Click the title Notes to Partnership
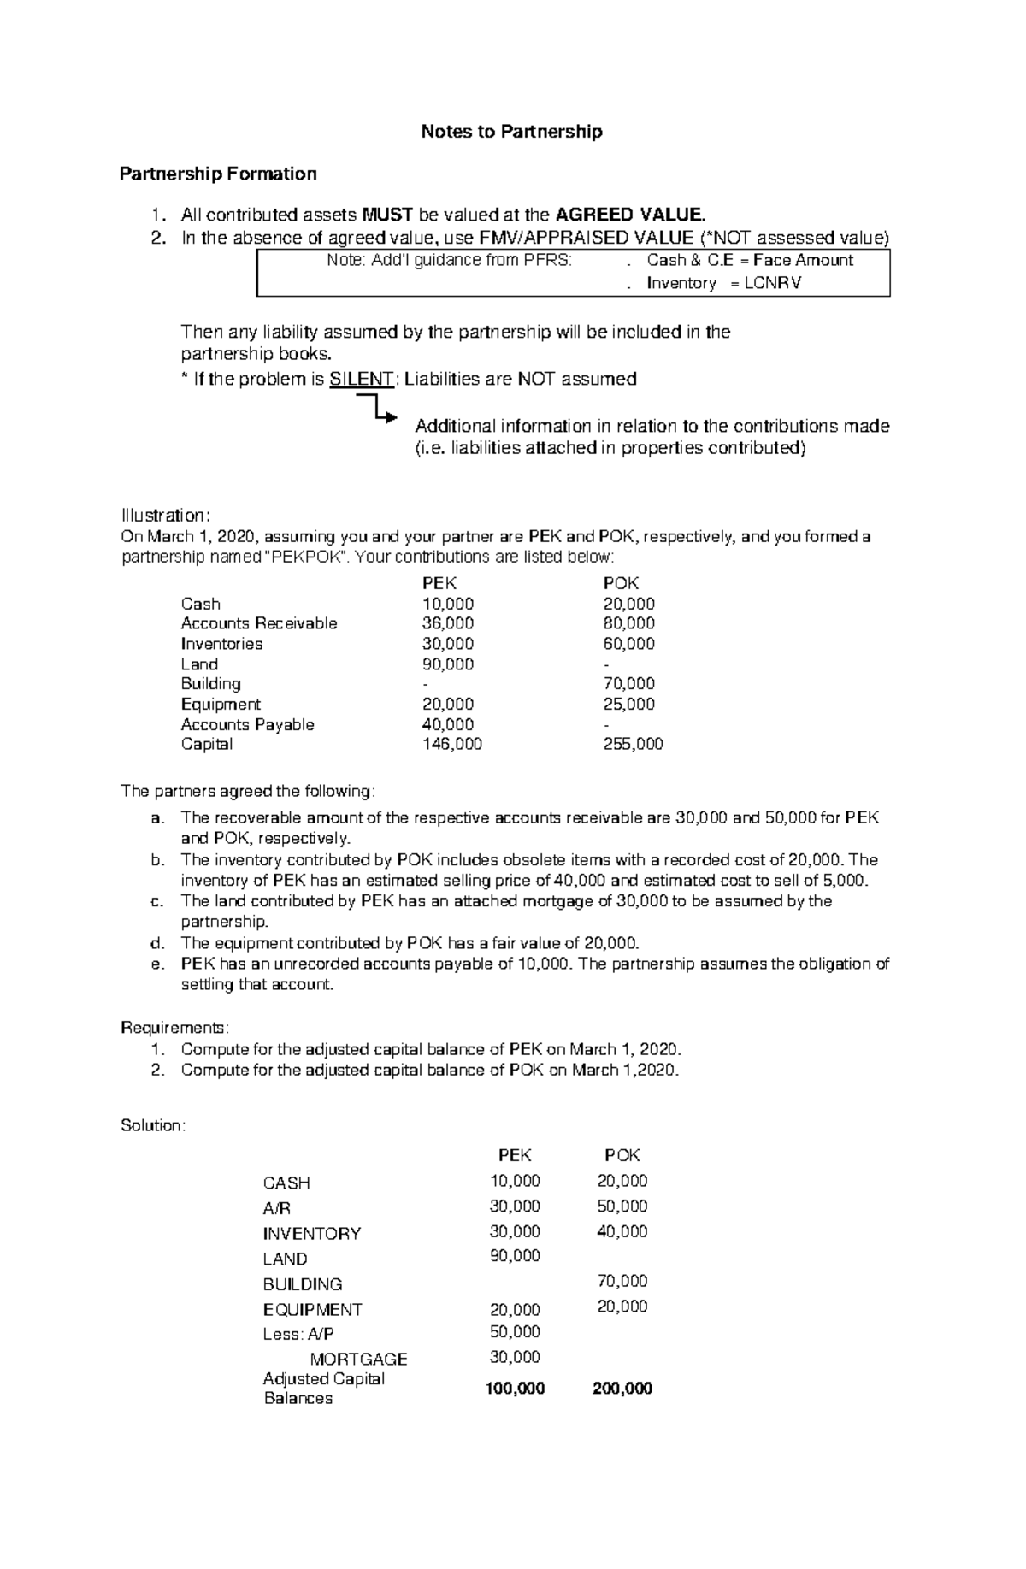pyautogui.click(x=511, y=132)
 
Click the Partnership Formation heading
pyautogui.click(x=218, y=174)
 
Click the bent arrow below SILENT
pyautogui.click(x=378, y=408)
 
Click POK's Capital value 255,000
pyautogui.click(x=633, y=745)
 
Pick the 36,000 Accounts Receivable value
pyautogui.click(x=447, y=624)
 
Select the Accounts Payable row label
pyautogui.click(x=247, y=725)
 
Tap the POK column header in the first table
pyautogui.click(x=621, y=584)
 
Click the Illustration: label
pyautogui.click(x=165, y=516)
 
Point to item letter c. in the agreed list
pyautogui.click(x=156, y=901)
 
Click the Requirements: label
pyautogui.click(x=175, y=1027)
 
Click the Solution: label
pyautogui.click(x=153, y=1126)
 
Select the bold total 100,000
pyautogui.click(x=515, y=1389)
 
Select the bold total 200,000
pyautogui.click(x=622, y=1389)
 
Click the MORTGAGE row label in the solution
pyautogui.click(x=358, y=1359)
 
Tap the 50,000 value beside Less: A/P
pyautogui.click(x=514, y=1332)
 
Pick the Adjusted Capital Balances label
pyautogui.click(x=323, y=1389)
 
